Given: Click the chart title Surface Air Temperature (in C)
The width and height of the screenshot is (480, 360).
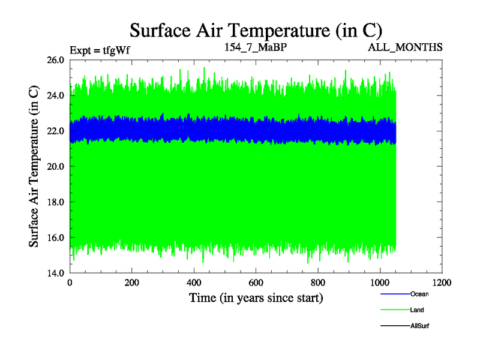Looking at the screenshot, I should [x=256, y=31].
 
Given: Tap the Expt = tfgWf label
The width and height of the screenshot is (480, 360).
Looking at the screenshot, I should [x=100, y=50].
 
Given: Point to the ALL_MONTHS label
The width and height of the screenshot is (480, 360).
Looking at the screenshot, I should [x=405, y=46].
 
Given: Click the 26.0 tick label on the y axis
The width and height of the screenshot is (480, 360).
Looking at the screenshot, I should [x=55, y=60].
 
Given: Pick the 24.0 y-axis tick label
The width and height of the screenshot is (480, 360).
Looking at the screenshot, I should [x=55, y=95].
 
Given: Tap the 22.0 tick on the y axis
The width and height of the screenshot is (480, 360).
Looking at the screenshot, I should [x=55, y=131].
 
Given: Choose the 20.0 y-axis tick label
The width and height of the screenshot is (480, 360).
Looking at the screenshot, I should [x=55, y=166].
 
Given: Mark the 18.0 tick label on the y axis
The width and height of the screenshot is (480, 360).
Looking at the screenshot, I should [x=55, y=202].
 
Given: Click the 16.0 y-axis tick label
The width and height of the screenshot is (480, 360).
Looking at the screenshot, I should [x=55, y=238].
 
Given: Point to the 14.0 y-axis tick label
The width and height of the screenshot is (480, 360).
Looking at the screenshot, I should [x=55, y=273].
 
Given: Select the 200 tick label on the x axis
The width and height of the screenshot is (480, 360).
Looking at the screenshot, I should [x=132, y=283].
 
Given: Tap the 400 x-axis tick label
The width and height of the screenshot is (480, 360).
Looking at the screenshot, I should [x=194, y=283].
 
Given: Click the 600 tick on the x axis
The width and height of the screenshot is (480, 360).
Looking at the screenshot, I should [x=256, y=283].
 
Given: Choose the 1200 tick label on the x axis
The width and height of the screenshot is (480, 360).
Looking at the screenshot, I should [x=442, y=283].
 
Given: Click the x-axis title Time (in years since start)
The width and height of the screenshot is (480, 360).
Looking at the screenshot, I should [x=256, y=298].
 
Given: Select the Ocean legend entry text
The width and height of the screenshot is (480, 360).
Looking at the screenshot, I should [x=419, y=294].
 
